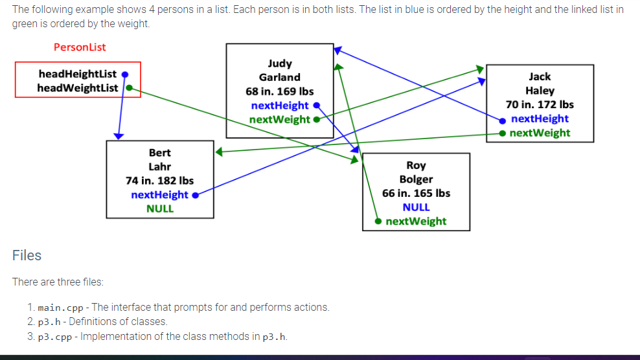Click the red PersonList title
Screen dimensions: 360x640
(x=80, y=47)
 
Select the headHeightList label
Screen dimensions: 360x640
(x=77, y=74)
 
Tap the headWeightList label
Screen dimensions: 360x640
(x=78, y=87)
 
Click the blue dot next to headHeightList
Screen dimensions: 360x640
(x=125, y=74)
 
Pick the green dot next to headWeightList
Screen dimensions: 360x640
(x=129, y=87)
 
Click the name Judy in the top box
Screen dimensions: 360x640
(x=280, y=63)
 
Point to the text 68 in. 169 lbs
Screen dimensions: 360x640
(x=280, y=91)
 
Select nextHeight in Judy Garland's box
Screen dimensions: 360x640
(x=280, y=106)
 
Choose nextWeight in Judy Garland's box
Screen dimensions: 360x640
(x=280, y=119)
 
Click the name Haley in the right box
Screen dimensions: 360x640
(x=540, y=91)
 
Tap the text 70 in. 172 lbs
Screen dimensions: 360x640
(x=540, y=104)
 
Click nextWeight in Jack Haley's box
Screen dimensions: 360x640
(x=540, y=133)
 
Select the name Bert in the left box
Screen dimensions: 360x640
(x=160, y=153)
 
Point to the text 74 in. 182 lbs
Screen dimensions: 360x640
(x=160, y=181)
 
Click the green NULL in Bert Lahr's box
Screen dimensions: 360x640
(x=160, y=208)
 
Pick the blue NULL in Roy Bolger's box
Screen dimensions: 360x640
(x=416, y=207)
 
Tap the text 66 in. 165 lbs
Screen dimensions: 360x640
(x=416, y=193)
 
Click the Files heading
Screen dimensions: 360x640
(x=27, y=255)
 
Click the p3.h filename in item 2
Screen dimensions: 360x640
(x=49, y=322)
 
